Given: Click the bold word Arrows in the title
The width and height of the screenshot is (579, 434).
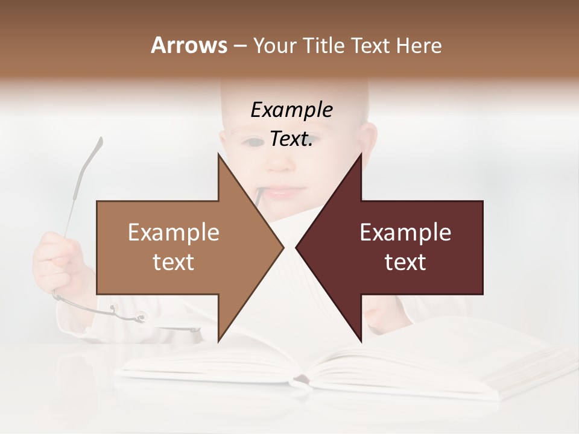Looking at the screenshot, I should [x=189, y=45].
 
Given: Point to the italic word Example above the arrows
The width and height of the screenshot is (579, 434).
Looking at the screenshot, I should [x=291, y=110].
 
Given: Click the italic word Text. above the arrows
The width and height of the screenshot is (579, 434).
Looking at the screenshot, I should [x=291, y=139].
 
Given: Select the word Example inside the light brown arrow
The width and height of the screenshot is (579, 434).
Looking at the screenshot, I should [x=174, y=233].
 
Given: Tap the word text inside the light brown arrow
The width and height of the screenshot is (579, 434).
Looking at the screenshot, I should [x=174, y=262].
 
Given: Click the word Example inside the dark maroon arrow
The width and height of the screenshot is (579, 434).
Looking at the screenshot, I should [x=405, y=233].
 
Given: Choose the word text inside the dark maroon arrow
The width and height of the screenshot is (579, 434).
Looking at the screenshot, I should [x=405, y=262].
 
